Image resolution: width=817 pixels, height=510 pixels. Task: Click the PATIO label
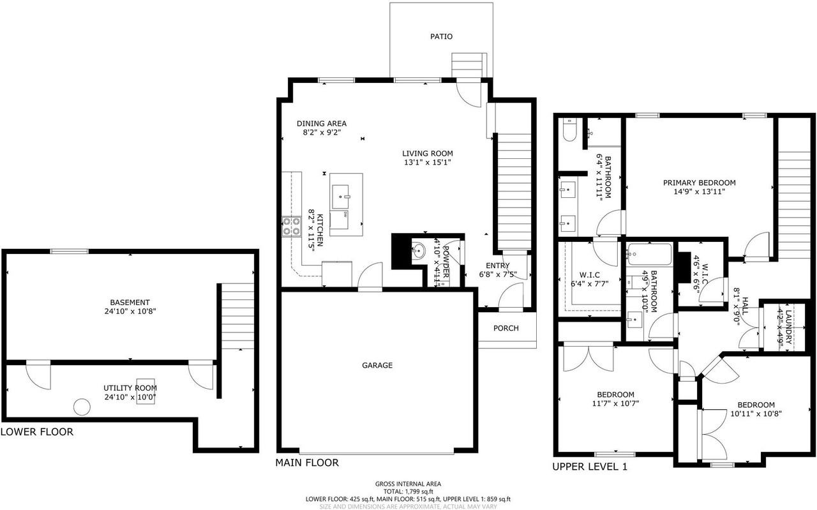[441, 36]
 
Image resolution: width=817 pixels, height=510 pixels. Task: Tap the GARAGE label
[377, 365]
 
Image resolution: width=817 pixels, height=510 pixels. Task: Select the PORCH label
[506, 328]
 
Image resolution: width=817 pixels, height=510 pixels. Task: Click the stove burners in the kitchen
[292, 227]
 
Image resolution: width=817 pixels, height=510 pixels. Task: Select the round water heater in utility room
[82, 407]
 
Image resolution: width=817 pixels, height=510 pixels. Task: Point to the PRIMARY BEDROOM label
[699, 182]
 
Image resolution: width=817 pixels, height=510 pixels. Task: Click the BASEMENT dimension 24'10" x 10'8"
[130, 311]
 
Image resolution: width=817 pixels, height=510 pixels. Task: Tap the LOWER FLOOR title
[37, 431]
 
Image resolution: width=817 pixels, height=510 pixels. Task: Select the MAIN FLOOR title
[307, 462]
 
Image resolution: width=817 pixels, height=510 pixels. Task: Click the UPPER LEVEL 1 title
[590, 467]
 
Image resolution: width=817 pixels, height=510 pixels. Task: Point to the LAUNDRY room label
[788, 325]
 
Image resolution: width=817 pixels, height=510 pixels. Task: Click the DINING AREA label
[322, 123]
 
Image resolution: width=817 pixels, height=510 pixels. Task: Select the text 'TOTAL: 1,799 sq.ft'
[408, 491]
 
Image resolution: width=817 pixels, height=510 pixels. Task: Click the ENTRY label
[498, 266]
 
